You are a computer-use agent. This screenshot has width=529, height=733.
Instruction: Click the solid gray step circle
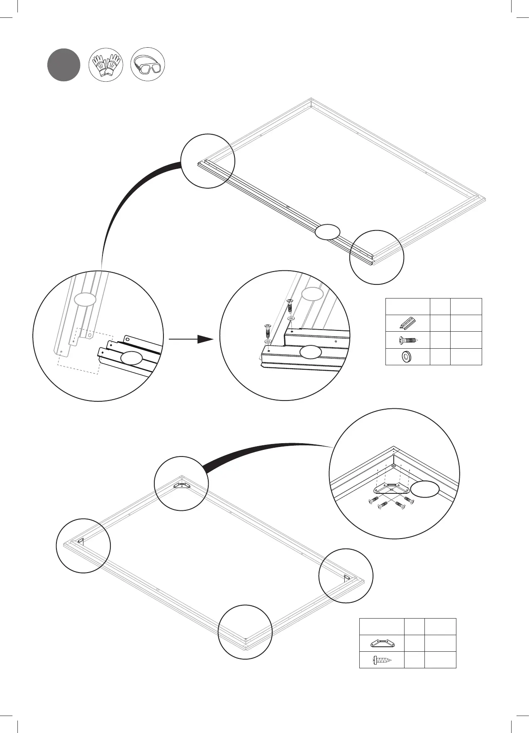click(x=63, y=65)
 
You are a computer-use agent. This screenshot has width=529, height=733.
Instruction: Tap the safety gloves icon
click(x=106, y=65)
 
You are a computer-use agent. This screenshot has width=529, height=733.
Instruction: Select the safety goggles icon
click(x=148, y=65)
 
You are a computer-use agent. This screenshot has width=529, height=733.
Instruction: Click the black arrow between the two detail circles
click(x=191, y=339)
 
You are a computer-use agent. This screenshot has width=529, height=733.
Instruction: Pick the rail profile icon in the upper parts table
click(x=407, y=323)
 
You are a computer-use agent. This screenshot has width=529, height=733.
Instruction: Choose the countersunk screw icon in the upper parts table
click(x=407, y=340)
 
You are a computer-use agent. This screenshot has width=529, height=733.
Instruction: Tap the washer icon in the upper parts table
click(x=407, y=357)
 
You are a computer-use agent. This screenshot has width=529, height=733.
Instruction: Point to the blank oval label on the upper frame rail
click(x=327, y=232)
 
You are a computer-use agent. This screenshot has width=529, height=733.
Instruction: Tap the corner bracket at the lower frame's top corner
click(x=181, y=485)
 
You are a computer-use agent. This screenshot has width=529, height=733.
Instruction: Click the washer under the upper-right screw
click(x=291, y=318)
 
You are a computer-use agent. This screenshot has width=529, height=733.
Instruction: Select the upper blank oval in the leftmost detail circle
click(x=85, y=299)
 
